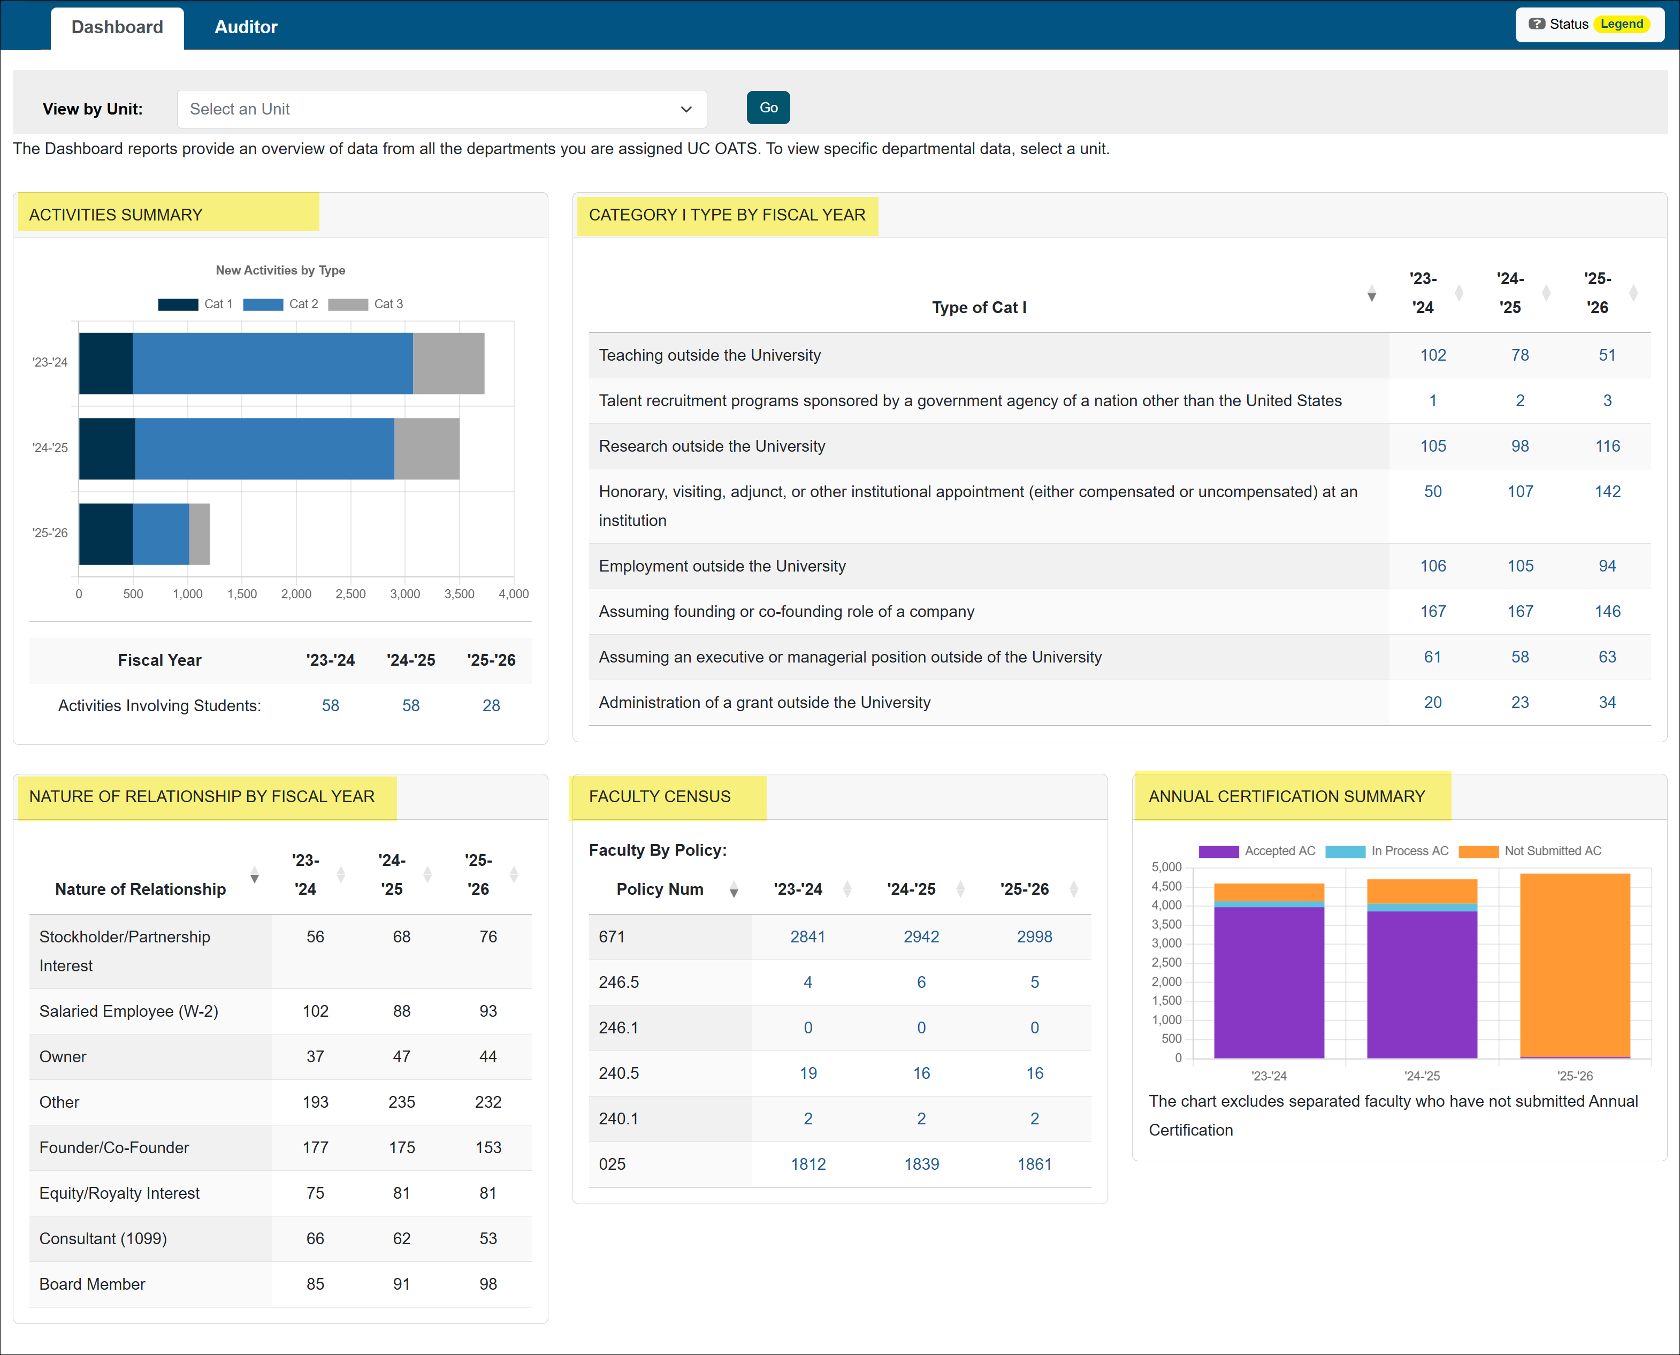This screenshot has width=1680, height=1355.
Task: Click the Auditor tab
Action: click(246, 27)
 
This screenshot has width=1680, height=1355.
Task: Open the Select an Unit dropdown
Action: click(441, 109)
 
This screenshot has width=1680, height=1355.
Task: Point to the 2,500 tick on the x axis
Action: click(350, 594)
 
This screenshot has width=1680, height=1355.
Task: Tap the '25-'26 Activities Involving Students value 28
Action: click(491, 706)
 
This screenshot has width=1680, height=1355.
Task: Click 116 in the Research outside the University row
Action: click(1607, 446)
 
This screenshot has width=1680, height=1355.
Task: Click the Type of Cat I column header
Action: click(979, 308)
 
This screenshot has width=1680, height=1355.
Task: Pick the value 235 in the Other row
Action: click(402, 1102)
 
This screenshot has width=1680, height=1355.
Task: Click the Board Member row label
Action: click(92, 1284)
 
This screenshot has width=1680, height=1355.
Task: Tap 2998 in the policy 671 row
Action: click(1034, 937)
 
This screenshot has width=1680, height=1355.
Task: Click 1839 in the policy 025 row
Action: click(921, 1164)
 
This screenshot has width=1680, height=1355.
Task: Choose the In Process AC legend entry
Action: click(1387, 851)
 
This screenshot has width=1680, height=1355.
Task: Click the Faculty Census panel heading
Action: click(659, 797)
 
